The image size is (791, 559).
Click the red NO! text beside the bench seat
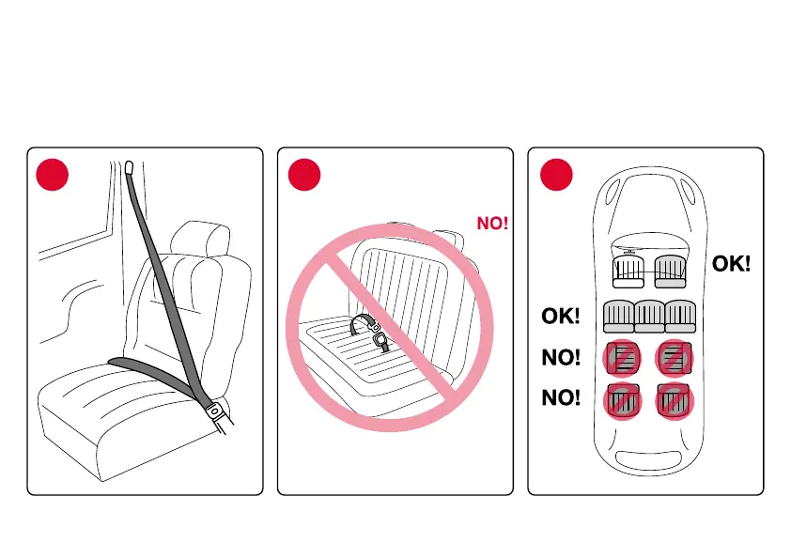pyautogui.click(x=492, y=224)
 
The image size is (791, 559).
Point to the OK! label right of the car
pyautogui.click(x=731, y=264)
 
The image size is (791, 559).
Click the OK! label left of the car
pyautogui.click(x=561, y=317)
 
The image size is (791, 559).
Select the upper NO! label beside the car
pyautogui.click(x=561, y=358)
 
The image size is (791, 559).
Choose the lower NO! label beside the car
pyautogui.click(x=561, y=398)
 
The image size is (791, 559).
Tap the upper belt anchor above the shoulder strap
pyautogui.click(x=129, y=169)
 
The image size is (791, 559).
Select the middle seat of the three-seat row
pyautogui.click(x=649, y=317)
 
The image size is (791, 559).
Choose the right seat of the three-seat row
pyautogui.click(x=679, y=317)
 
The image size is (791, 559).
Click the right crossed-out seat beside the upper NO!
pyautogui.click(x=675, y=358)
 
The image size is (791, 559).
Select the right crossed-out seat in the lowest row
pyautogui.click(x=675, y=400)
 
